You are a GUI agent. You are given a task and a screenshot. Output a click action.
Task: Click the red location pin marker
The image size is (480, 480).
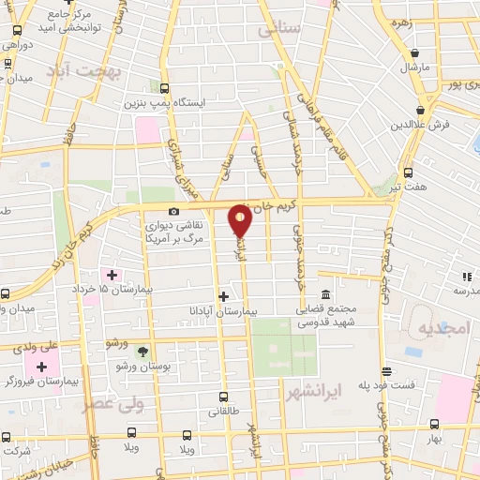(240, 220)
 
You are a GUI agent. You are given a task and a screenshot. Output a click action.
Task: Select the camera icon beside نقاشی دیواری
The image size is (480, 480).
(173, 212)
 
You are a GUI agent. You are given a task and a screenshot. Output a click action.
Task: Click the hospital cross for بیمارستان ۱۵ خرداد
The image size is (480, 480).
(112, 275)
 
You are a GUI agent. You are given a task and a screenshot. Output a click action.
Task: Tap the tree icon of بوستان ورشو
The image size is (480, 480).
(142, 352)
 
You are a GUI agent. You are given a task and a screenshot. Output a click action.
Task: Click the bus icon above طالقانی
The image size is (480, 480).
(223, 396)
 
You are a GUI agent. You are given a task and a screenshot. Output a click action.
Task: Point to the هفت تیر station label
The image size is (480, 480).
(411, 187)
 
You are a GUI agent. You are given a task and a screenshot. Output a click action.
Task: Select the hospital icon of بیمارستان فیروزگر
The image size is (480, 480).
(42, 365)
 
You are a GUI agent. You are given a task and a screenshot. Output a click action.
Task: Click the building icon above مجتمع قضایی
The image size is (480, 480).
(325, 295)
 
